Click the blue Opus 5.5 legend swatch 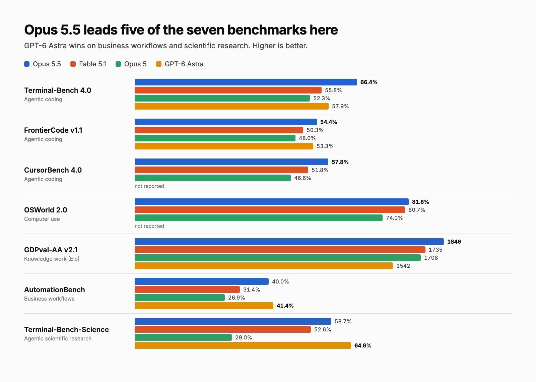click(27, 64)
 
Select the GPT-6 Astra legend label click(184, 64)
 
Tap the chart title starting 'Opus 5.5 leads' click(181, 30)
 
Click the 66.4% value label click(369, 82)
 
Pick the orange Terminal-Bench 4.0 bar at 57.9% click(231, 106)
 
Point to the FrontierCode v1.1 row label click(53, 130)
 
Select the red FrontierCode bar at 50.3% click(219, 130)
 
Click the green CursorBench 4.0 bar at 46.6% click(212, 178)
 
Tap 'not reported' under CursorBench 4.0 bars click(149, 186)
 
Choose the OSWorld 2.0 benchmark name click(46, 210)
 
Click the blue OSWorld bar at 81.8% click(272, 202)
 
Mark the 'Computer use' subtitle click(42, 219)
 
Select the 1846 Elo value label click(454, 242)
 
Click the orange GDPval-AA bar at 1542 click(264, 266)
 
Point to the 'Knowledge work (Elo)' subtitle click(52, 259)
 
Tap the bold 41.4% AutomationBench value click(285, 306)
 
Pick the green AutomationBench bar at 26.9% click(180, 298)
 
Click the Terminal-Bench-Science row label click(67, 330)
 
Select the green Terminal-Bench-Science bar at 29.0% click(183, 337)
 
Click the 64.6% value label click(363, 345)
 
